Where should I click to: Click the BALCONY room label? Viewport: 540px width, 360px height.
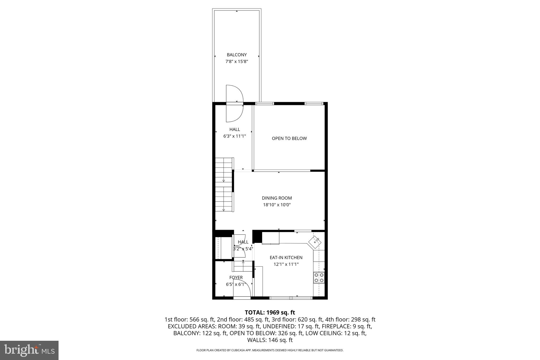[x=237, y=55]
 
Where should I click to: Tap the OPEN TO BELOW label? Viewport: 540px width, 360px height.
[x=289, y=138]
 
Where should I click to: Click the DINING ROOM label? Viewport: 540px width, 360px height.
[x=277, y=198]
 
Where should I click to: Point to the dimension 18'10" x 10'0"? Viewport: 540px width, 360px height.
[x=277, y=205]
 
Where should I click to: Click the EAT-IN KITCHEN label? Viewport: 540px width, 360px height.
[x=286, y=258]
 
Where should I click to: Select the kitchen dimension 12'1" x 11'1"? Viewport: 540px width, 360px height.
[x=286, y=264]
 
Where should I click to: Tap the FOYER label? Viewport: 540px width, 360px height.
[x=236, y=278]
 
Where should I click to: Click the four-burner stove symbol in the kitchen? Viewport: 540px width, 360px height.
[x=319, y=277]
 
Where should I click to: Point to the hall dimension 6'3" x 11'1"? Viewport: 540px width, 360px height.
[x=234, y=136]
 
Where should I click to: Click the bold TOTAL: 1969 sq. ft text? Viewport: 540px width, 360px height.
[x=270, y=313]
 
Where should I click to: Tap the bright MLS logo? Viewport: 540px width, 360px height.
[x=29, y=350]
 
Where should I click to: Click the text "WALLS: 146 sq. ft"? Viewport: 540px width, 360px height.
[x=270, y=340]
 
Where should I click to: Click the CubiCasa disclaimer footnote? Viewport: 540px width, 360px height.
[x=270, y=350]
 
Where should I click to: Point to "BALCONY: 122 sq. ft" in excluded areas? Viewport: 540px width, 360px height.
[x=200, y=333]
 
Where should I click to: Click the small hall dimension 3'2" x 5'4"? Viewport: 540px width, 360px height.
[x=243, y=249]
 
